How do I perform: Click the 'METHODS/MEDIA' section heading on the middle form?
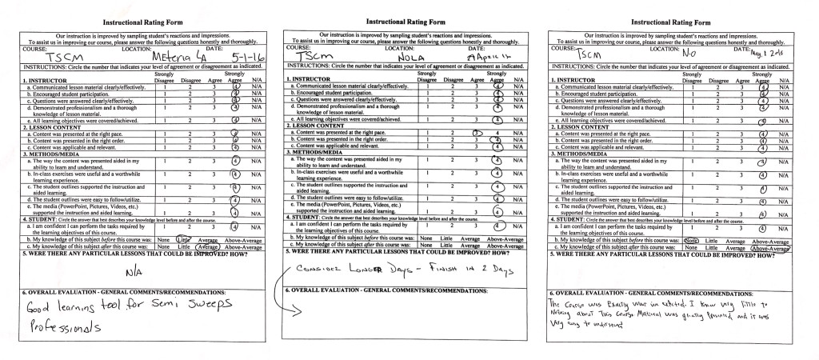pyautogui.click(x=318, y=154)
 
